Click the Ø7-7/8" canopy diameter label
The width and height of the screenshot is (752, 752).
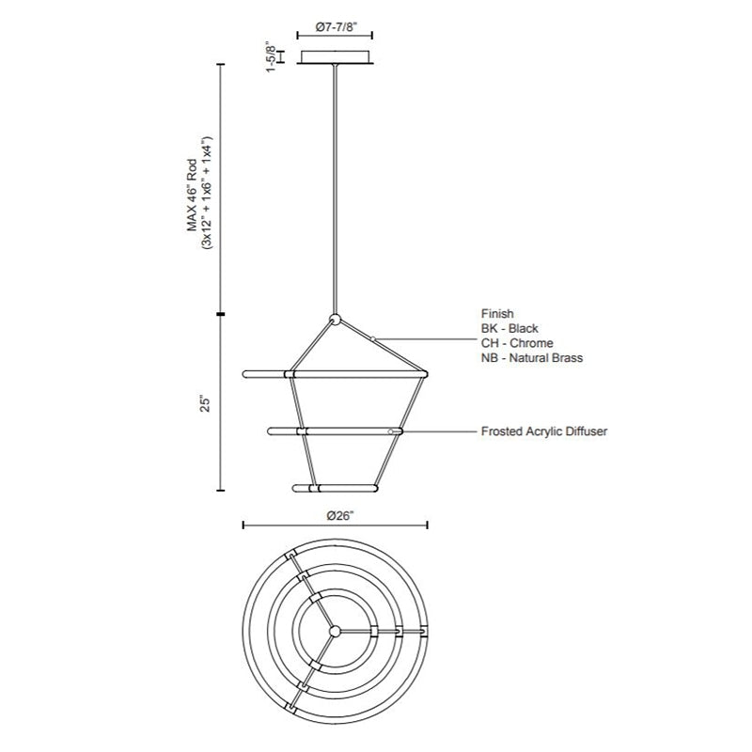[335, 27]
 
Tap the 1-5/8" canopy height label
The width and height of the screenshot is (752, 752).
[272, 57]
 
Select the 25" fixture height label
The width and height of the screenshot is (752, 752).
[205, 403]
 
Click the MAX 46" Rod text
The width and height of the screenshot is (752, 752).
[193, 195]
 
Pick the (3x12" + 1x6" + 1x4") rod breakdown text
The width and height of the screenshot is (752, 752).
[207, 193]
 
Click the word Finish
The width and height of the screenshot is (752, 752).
[497, 314]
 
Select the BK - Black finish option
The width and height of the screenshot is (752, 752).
[509, 328]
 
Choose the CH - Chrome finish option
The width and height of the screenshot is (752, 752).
[517, 343]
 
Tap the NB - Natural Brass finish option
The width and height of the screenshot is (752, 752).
[532, 358]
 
